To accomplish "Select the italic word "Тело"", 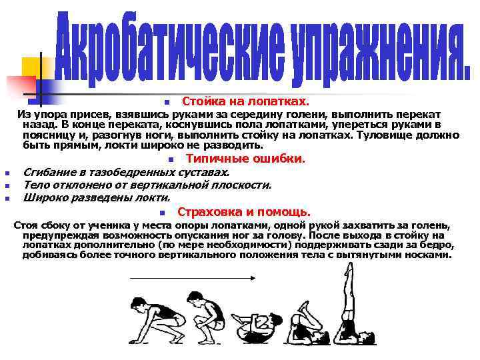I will pyautogui.click(x=36, y=185).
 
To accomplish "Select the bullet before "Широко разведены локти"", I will pyautogui.click(x=6, y=199).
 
